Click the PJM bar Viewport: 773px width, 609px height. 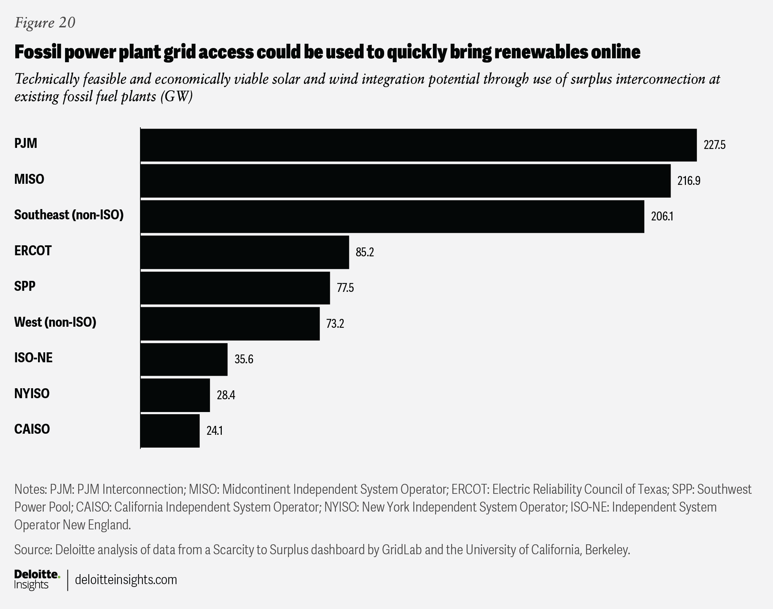(x=418, y=145)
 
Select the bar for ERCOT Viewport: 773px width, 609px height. (x=245, y=252)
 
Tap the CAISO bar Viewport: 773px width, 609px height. (x=170, y=431)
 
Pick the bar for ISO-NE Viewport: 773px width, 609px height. (x=184, y=359)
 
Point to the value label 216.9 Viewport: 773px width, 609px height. (x=688, y=181)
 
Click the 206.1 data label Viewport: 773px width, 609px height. (x=662, y=217)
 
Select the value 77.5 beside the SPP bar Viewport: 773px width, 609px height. (x=345, y=288)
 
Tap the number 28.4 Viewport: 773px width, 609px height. (x=226, y=395)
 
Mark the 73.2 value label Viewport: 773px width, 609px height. (x=335, y=324)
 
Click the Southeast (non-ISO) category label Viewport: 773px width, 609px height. (x=69, y=215)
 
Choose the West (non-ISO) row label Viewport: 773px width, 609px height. (x=55, y=322)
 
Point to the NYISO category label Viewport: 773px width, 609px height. (x=32, y=393)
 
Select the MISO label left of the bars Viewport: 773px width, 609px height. (x=29, y=179)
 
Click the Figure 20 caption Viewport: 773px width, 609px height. (x=45, y=22)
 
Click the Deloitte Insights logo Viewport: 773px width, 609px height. (x=37, y=579)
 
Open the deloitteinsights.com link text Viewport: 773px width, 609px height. (x=126, y=579)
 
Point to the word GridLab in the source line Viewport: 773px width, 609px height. (x=402, y=550)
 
